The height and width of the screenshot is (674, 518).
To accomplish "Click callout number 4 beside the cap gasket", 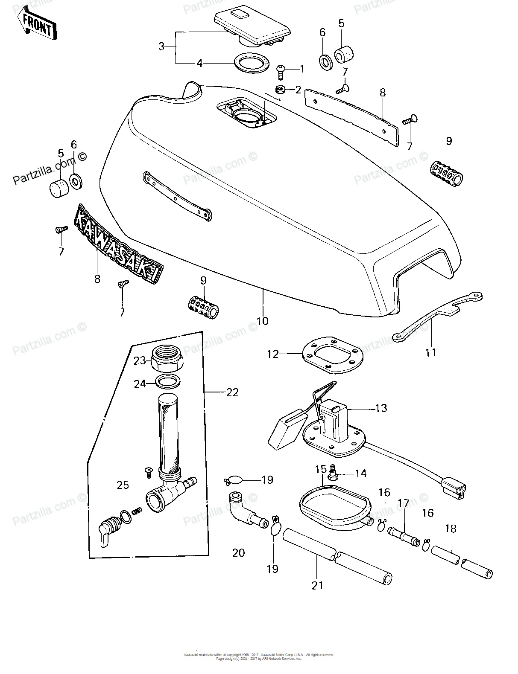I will click(x=199, y=64).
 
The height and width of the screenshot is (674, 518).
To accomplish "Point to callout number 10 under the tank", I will click(x=263, y=320).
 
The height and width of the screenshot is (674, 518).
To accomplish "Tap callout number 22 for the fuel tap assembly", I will click(x=232, y=392).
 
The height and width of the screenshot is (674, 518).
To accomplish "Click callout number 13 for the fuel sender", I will click(x=381, y=408).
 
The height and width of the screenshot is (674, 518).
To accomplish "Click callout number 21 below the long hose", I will click(x=317, y=586).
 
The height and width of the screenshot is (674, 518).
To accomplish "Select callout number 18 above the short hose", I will click(x=451, y=529).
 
